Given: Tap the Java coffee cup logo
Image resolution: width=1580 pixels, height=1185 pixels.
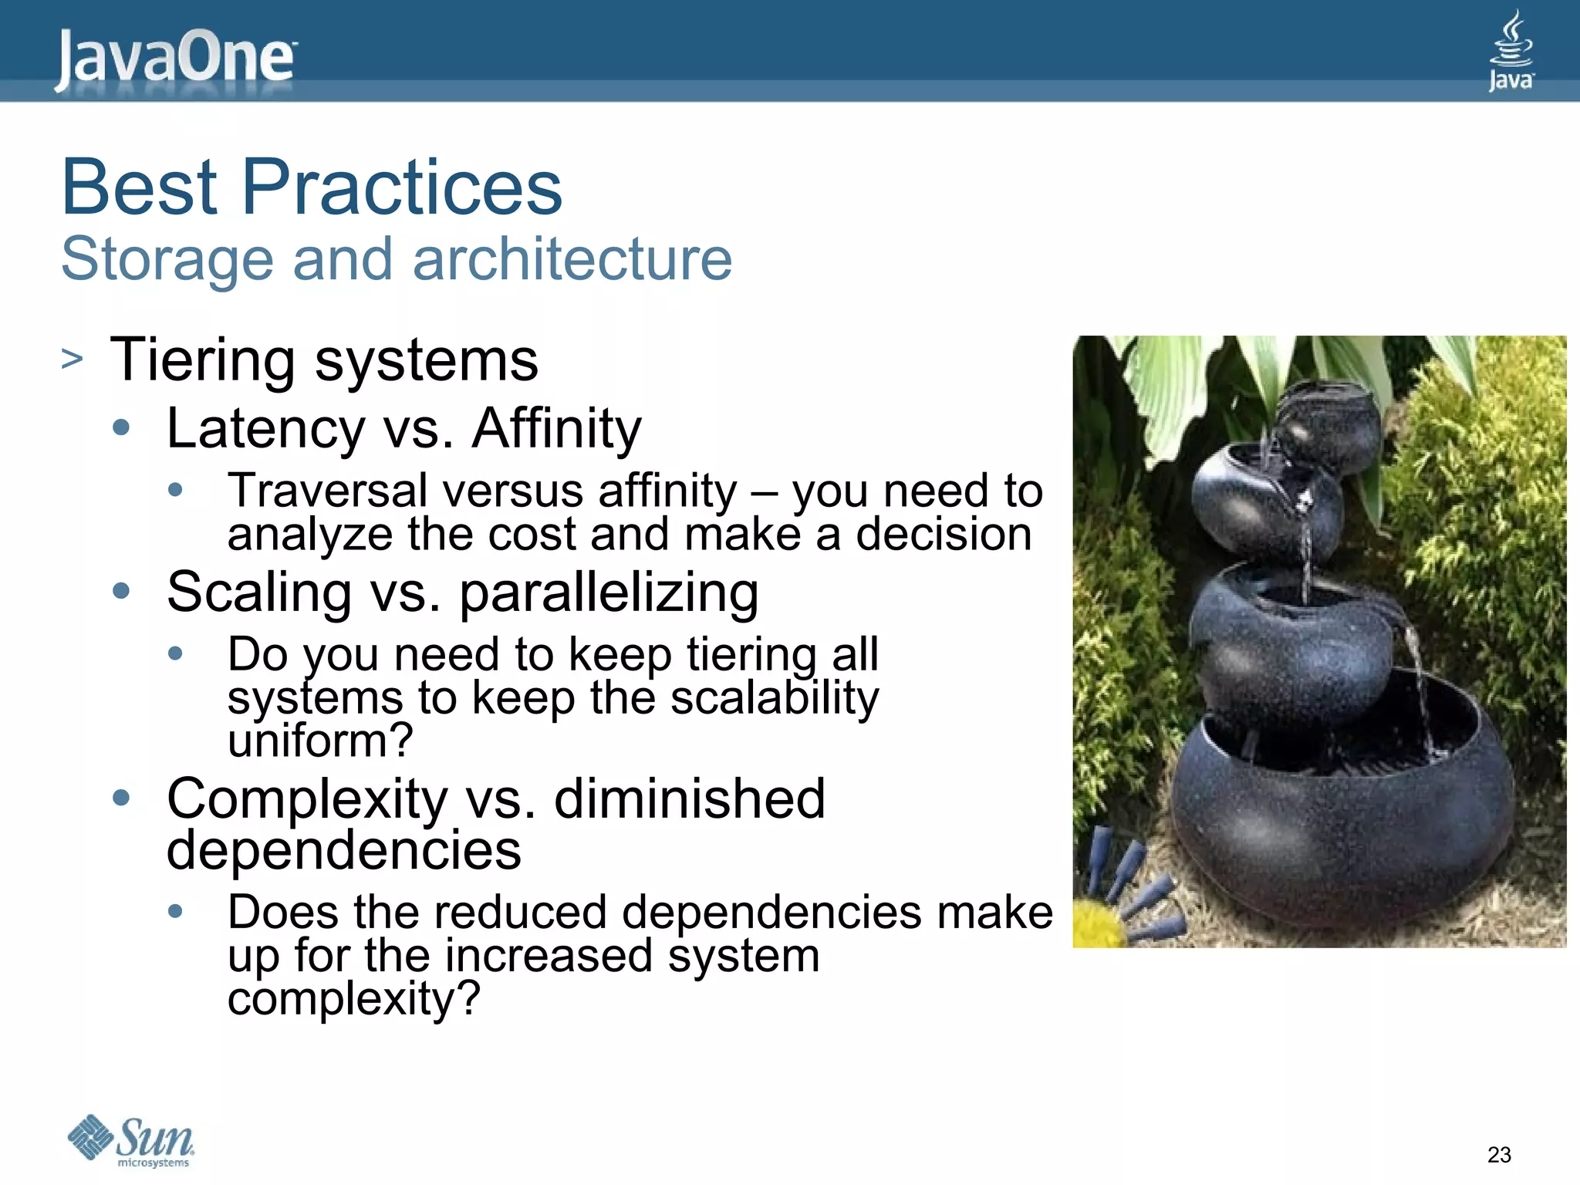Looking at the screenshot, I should (x=1511, y=51).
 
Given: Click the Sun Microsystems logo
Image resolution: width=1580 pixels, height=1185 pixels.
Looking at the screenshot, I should (x=131, y=1140).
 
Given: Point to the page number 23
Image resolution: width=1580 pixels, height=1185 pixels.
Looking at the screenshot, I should (x=1499, y=1155).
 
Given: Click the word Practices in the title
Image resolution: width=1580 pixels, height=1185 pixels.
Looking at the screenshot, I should (x=402, y=187).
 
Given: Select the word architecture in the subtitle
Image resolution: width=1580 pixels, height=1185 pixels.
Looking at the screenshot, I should (x=572, y=259).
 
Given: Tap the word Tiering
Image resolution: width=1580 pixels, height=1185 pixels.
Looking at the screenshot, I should (x=203, y=361).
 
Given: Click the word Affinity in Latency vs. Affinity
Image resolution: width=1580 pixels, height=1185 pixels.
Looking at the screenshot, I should (x=556, y=429).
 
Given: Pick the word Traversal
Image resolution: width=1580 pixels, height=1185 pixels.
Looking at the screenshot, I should (x=328, y=491).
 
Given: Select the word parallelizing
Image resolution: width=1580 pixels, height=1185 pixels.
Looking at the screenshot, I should (x=609, y=593).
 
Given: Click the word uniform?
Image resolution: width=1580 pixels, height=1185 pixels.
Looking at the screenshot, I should (x=320, y=741).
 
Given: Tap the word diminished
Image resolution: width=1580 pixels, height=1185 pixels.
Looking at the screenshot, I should (x=689, y=798).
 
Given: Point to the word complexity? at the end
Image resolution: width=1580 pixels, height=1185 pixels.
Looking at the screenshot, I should (x=354, y=998).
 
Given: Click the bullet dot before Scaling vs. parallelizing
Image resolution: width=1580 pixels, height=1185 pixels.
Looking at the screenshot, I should (x=121, y=592).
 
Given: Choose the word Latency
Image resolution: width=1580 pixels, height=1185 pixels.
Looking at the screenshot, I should (x=265, y=429).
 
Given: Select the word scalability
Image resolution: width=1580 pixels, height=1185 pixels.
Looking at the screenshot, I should (x=774, y=698).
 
